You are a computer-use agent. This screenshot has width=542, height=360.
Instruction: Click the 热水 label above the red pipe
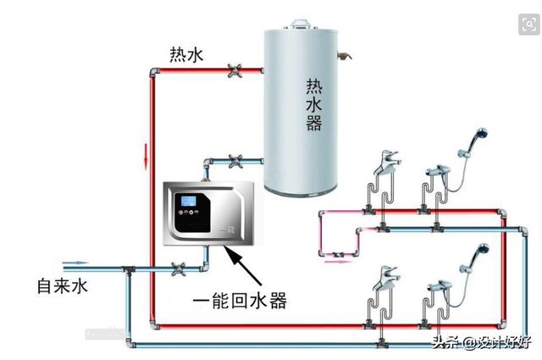point(186,54)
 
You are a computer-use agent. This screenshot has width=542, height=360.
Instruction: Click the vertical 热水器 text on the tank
point(314,104)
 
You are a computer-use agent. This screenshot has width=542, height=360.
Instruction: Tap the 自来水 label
point(62,286)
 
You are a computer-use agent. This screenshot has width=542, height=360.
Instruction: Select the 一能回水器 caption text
point(240,300)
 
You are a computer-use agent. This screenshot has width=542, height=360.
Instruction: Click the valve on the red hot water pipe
point(235,70)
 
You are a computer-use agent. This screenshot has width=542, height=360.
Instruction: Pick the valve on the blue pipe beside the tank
point(235,161)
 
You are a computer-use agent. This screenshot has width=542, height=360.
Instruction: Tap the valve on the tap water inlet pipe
point(179,269)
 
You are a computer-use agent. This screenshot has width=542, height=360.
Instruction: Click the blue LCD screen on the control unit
point(189,201)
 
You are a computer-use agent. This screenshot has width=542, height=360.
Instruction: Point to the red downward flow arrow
point(146,157)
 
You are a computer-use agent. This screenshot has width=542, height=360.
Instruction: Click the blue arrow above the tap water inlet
point(75,263)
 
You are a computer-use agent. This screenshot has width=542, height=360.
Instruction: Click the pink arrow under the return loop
point(338,262)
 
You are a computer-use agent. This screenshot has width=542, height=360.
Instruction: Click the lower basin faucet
point(387,278)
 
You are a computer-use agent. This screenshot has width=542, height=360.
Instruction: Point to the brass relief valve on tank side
point(345,55)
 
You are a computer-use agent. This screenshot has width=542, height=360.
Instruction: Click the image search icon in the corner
point(528,25)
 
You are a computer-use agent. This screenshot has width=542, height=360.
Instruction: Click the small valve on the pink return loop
point(338,255)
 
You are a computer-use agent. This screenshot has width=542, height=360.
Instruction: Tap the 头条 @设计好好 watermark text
point(482,342)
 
